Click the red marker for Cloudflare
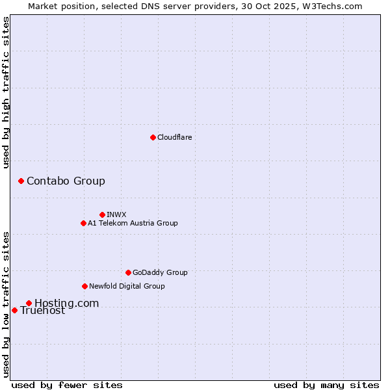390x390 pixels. pos(153,137)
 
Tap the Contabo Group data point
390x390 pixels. pos(21,181)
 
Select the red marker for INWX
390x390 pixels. pos(102,214)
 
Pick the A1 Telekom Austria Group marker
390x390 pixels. pos(83,223)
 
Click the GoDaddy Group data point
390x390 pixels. pos(128,272)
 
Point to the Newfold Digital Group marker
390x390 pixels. pos(84,286)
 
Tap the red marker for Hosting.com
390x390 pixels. pos(29,303)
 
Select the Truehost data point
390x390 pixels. pos(14,310)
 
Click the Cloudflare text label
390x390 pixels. pos(174,137)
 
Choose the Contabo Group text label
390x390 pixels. pos(66,181)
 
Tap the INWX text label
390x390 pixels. pos(116,214)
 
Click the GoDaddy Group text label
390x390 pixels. pos(160,272)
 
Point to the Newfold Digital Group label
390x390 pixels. pos(127,286)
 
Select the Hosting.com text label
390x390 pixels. pos(66,303)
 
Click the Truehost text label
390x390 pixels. pos(42,311)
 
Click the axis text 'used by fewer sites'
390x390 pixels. pos(67,385)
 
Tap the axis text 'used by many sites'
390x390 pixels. pos(326,385)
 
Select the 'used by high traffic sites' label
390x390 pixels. pos(6,92)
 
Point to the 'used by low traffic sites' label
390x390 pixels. pos(6,304)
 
